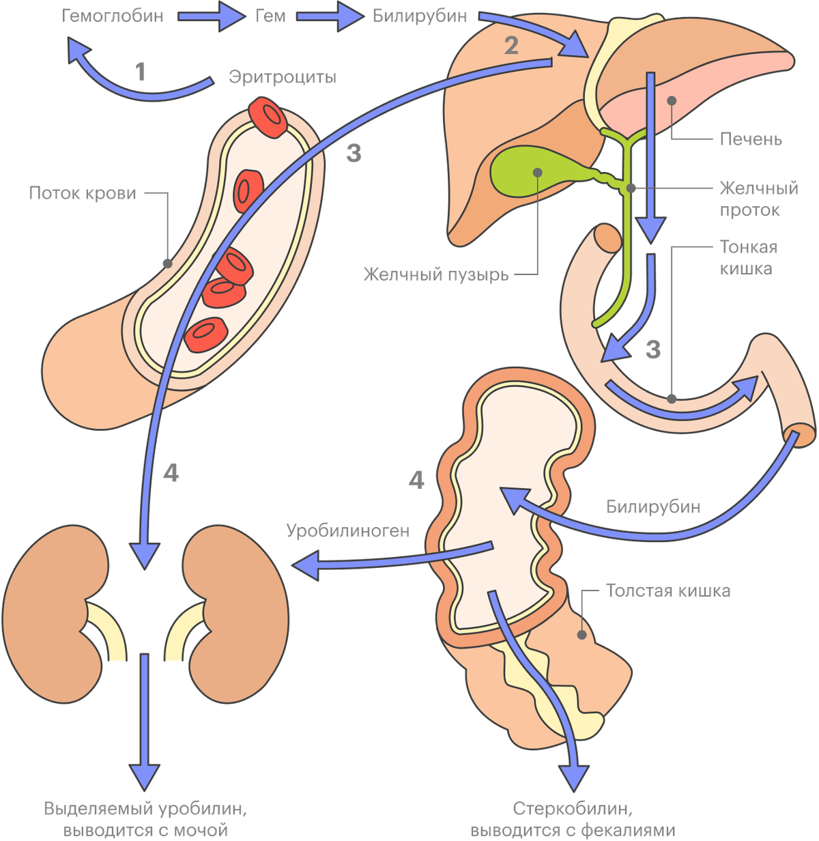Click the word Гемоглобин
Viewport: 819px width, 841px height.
coord(115,16)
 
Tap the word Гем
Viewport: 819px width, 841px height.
coord(270,16)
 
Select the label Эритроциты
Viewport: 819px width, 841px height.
coord(282,78)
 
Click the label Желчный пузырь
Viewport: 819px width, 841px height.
coord(435,274)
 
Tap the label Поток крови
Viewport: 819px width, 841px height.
coord(83,193)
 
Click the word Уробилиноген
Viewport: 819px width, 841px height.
coord(348,530)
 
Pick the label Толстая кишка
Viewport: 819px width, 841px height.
coord(669,590)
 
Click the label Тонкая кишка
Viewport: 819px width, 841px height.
coord(748,257)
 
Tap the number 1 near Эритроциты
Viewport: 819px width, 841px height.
coord(141,72)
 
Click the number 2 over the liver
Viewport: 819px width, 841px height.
coord(511,45)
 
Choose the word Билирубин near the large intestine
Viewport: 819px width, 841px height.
coord(654,507)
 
